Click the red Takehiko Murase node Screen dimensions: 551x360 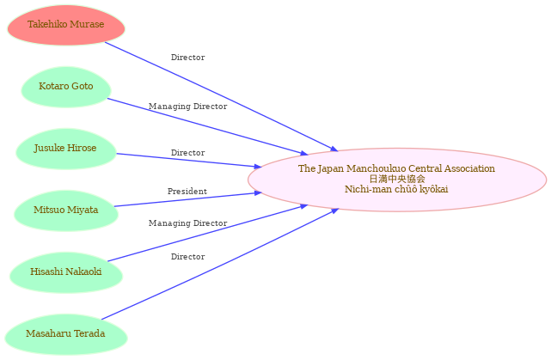66,25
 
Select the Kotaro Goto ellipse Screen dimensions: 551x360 66,87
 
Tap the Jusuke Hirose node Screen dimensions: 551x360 66,149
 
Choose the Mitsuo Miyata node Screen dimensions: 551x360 66,211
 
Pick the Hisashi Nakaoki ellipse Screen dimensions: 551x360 66,272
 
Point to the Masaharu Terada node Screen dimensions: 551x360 66,334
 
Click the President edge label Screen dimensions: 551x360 187,192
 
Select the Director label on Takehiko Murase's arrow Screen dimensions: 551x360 188,58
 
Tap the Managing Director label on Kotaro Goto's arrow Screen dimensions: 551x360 188,106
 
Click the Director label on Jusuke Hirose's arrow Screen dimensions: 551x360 188,153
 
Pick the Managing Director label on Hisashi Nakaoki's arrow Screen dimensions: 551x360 188,223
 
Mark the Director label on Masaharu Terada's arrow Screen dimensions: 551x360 188,257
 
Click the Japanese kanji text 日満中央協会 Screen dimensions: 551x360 397,179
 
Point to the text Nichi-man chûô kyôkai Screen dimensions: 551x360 396,189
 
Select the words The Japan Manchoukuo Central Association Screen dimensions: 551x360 397,168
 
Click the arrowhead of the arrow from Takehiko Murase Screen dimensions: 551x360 334,149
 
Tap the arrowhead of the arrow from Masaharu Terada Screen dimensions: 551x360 334,211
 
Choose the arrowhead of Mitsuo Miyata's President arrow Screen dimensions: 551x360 258,192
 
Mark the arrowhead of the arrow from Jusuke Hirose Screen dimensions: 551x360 258,167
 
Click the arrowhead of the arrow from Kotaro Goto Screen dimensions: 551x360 303,153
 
